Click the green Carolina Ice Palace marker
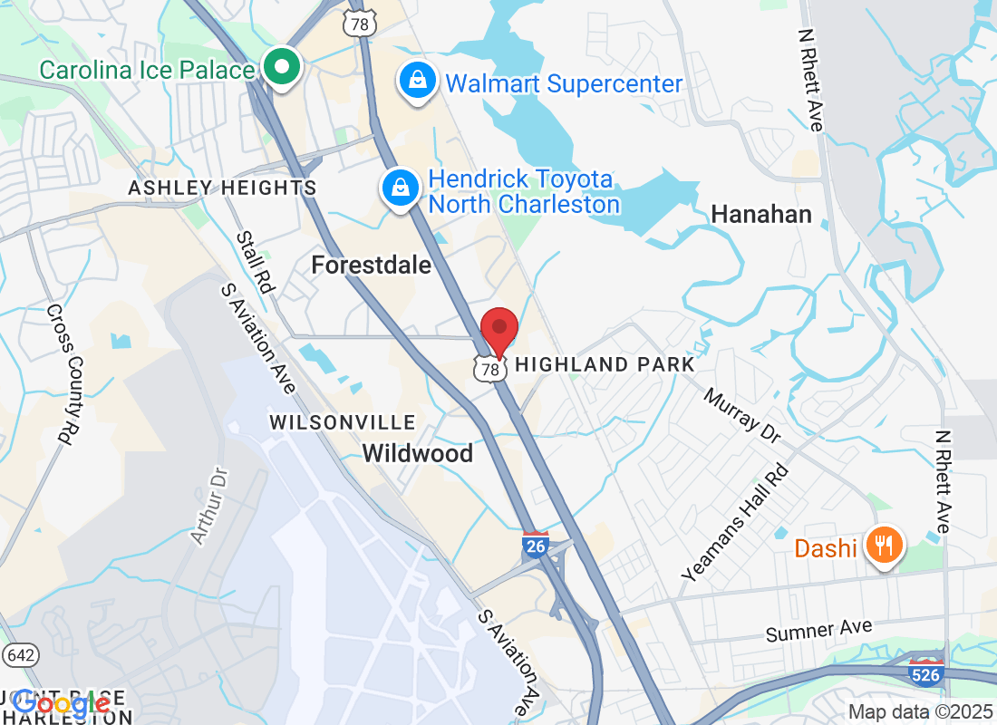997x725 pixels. point(283,67)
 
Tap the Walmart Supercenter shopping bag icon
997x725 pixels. point(416,81)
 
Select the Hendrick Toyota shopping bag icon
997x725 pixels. point(399,188)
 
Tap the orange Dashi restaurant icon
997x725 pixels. point(881,546)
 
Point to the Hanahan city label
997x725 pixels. point(760,214)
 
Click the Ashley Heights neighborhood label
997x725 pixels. point(222,188)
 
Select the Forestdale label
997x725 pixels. point(371,265)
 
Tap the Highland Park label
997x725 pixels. point(605,364)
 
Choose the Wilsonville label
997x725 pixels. point(343,422)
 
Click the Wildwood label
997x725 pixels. point(417,453)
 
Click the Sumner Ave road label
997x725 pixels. point(818,630)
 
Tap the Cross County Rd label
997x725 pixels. point(61,372)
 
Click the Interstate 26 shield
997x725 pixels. point(536,545)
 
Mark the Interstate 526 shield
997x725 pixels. point(926,671)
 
